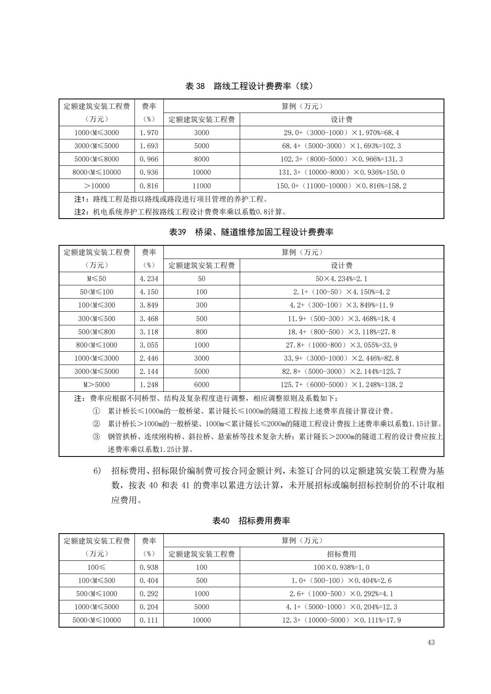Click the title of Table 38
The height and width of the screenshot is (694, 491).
(249, 86)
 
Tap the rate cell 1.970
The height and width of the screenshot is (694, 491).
(149, 133)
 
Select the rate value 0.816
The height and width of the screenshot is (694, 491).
(149, 186)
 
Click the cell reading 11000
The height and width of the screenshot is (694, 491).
(201, 186)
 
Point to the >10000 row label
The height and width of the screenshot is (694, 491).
(97, 186)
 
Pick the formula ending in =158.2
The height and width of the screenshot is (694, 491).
(341, 186)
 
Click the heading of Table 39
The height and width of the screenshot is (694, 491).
(251, 232)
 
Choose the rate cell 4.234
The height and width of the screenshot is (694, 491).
(149, 279)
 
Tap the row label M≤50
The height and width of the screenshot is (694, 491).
(97, 279)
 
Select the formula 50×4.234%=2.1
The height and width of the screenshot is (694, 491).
(341, 279)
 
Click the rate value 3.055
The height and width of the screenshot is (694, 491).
(149, 345)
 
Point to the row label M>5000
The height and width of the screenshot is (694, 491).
(97, 385)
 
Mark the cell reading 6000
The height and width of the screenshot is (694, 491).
(201, 385)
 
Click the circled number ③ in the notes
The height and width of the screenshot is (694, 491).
(96, 436)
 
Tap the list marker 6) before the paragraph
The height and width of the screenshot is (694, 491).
(97, 471)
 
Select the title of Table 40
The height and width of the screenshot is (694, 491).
(251, 521)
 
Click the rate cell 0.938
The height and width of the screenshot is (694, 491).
(149, 567)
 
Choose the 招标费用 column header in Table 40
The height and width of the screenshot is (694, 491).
(341, 554)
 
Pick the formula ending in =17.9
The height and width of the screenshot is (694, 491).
(341, 620)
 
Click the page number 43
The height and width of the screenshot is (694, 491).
(431, 642)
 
